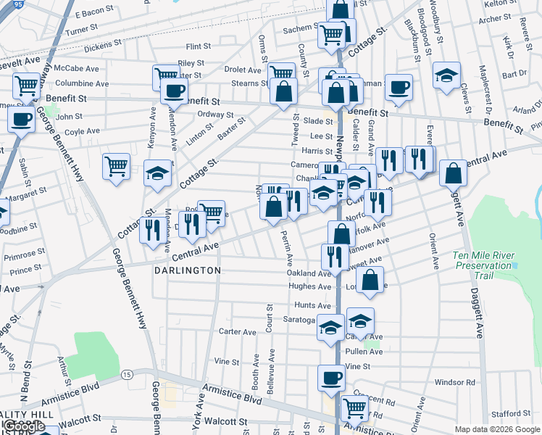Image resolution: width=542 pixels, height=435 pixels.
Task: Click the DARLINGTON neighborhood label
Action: pyautogui.click(x=187, y=270)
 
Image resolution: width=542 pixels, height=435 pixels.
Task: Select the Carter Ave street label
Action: pyautogui.click(x=238, y=332)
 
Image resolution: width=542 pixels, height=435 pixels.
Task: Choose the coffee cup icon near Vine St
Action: pyautogui.click(x=332, y=377)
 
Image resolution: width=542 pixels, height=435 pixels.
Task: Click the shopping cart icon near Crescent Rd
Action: pyautogui.click(x=354, y=407)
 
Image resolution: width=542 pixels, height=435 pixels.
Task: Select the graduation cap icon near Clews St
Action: pyautogui.click(x=447, y=75)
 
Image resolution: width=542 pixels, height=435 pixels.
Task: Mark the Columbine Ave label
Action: pyautogui.click(x=82, y=83)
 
